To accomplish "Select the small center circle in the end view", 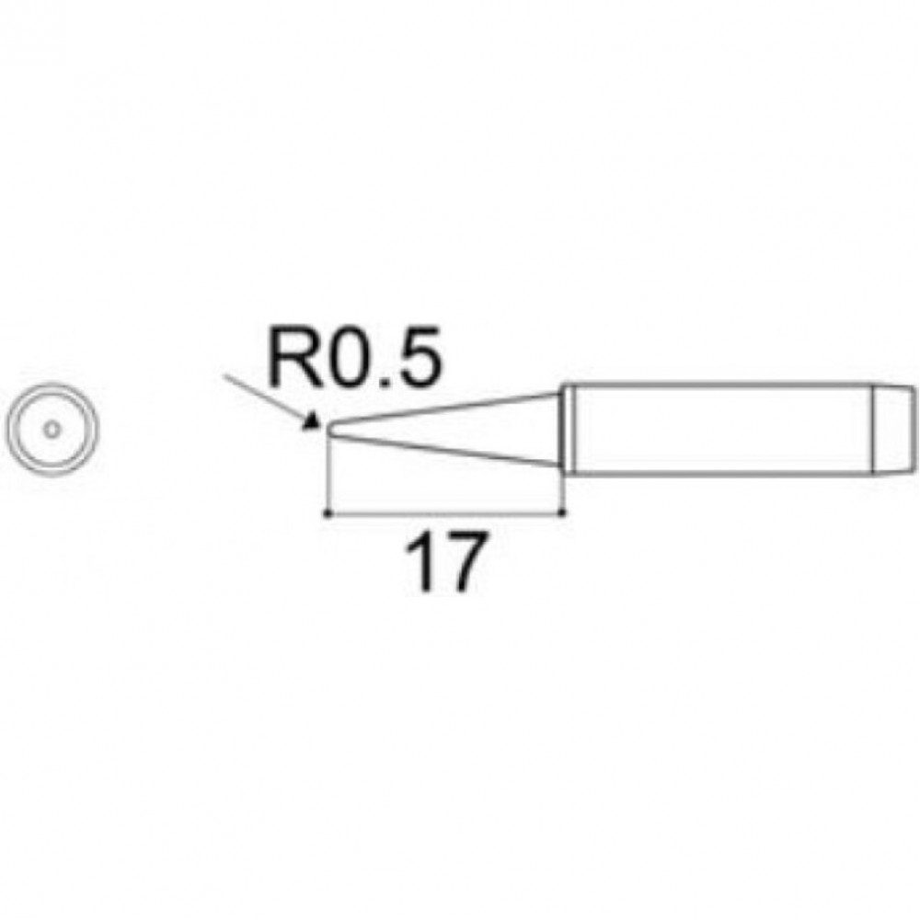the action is click(x=52, y=430).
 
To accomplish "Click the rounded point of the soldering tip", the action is click(x=328, y=429).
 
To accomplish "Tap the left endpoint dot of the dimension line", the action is click(x=328, y=514).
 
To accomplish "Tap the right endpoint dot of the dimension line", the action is click(x=563, y=513).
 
